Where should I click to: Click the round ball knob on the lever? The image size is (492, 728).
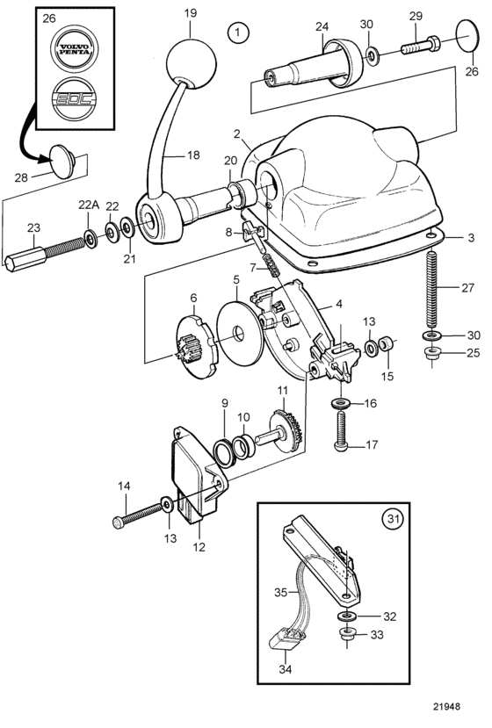tap(191, 63)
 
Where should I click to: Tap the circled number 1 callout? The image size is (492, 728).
tap(238, 32)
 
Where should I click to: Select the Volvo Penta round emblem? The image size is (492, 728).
tap(75, 48)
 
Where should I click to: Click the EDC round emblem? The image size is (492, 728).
tap(75, 99)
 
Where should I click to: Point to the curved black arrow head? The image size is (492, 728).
tap(46, 159)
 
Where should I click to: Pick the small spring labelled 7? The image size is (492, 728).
tap(271, 266)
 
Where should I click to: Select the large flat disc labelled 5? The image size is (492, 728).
tap(240, 334)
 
